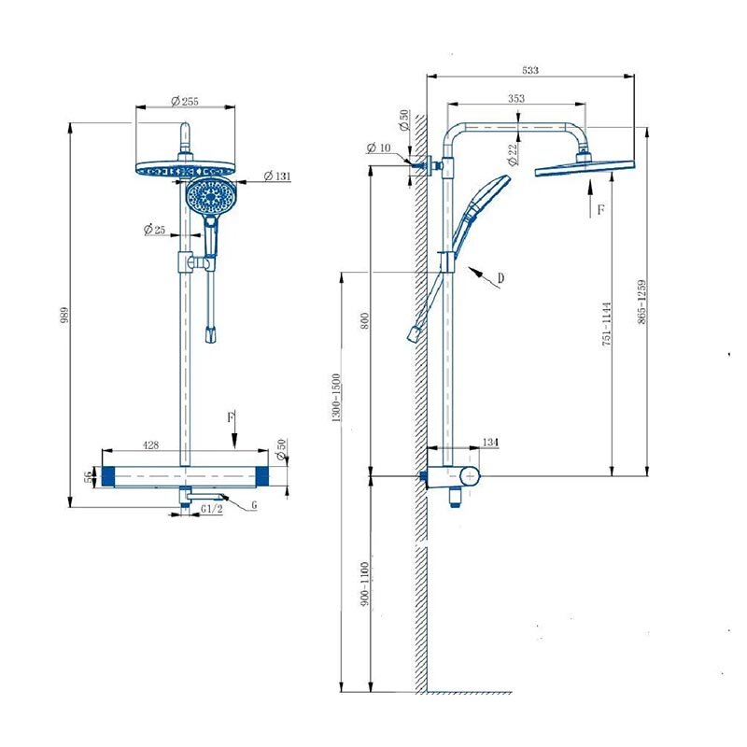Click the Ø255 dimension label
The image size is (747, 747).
(x=184, y=101)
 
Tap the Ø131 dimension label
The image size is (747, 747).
(x=277, y=176)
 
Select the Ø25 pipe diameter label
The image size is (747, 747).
(x=154, y=230)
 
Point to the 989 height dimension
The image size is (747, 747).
(x=64, y=315)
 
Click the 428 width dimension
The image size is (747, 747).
(x=150, y=445)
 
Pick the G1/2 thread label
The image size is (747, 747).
(x=212, y=509)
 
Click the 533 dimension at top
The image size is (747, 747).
(x=530, y=70)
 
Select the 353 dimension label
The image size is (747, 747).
(x=516, y=98)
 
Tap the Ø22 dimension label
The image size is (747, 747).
(x=513, y=154)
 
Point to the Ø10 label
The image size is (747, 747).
(x=379, y=148)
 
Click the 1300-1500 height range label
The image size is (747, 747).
(x=336, y=398)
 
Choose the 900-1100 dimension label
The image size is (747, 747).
(x=365, y=584)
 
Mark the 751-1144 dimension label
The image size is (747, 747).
(x=606, y=323)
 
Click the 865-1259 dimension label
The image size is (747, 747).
(x=642, y=302)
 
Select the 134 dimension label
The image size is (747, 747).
(x=490, y=442)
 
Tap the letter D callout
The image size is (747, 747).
(x=500, y=277)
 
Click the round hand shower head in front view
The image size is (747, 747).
(x=210, y=195)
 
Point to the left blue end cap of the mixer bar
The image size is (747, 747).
(x=108, y=476)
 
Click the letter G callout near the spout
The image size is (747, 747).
(x=254, y=504)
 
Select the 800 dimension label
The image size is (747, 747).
(x=365, y=321)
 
